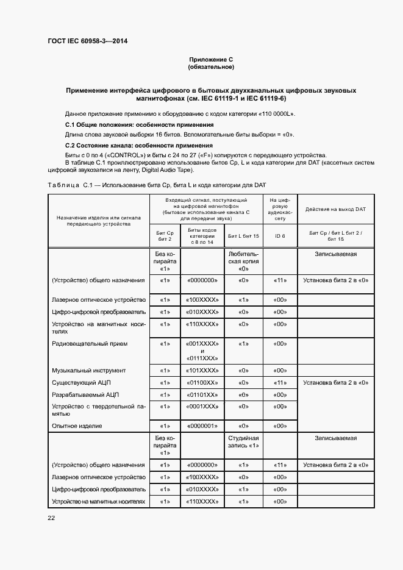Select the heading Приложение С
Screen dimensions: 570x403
point(211,60)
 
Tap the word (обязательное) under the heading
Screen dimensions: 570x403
point(211,67)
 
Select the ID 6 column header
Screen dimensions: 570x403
point(280,235)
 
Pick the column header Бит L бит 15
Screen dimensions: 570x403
point(243,235)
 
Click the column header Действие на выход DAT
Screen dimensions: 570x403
point(335,209)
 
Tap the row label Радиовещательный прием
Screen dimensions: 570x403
point(90,344)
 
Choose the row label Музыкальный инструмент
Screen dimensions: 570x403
point(89,370)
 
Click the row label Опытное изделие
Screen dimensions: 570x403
point(77,426)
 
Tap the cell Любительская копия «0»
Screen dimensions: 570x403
point(243,261)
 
